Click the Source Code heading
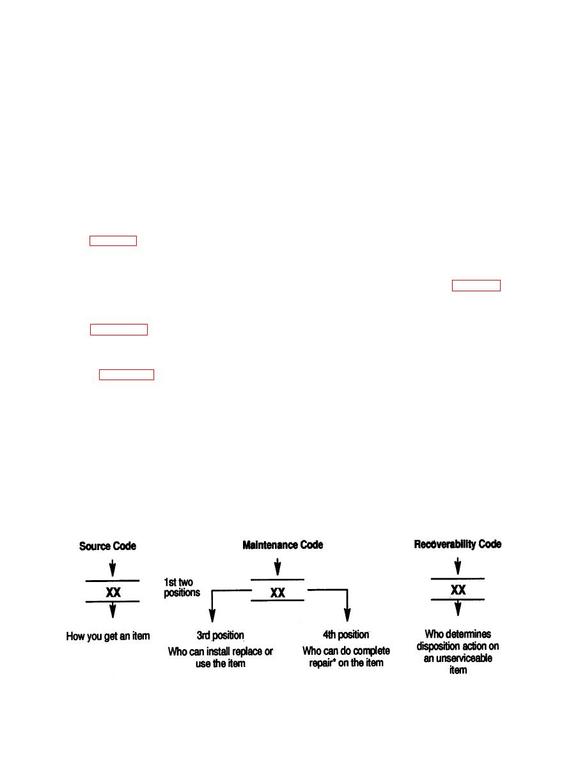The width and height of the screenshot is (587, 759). tap(107, 546)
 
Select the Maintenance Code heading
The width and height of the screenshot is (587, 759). tap(283, 545)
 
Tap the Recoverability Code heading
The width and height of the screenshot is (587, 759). tap(458, 544)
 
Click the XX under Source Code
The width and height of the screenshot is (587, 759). tap(113, 592)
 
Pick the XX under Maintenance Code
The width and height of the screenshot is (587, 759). tap(278, 592)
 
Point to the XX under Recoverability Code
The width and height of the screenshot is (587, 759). tap(458, 590)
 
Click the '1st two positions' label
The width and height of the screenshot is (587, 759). tap(182, 587)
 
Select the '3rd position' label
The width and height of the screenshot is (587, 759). tap(221, 635)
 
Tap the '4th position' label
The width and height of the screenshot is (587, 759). tap(347, 634)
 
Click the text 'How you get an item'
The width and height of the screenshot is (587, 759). tap(108, 636)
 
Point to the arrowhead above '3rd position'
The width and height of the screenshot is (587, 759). tap(212, 616)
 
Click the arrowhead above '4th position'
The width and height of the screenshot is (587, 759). tap(347, 615)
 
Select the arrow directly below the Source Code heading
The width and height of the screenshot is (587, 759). tap(113, 568)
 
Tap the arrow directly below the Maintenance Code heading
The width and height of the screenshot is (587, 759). tap(278, 567)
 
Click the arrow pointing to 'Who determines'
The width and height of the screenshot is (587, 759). tap(458, 608)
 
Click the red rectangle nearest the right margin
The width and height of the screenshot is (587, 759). tap(476, 286)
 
